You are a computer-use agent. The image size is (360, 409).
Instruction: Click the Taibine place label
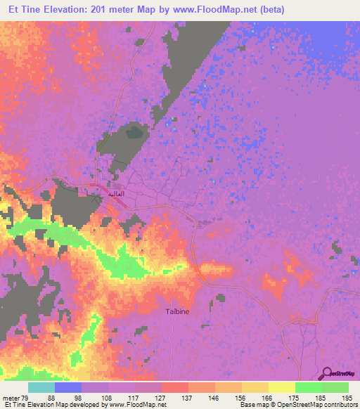tap(177, 311)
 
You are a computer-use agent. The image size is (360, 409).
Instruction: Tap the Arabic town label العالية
tap(115, 193)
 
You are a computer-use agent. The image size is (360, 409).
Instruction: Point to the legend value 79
tap(26, 397)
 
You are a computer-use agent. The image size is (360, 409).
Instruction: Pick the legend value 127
tap(161, 397)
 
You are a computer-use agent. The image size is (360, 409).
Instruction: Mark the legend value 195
tap(347, 397)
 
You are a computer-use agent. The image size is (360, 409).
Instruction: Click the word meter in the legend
tap(11, 397)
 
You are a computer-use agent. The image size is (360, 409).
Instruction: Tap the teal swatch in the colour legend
tap(41, 387)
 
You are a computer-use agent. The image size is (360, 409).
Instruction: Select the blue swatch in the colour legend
tap(67, 387)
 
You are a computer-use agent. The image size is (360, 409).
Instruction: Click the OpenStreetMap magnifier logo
tap(326, 374)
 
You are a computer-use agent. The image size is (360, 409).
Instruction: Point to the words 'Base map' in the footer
tap(252, 405)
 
